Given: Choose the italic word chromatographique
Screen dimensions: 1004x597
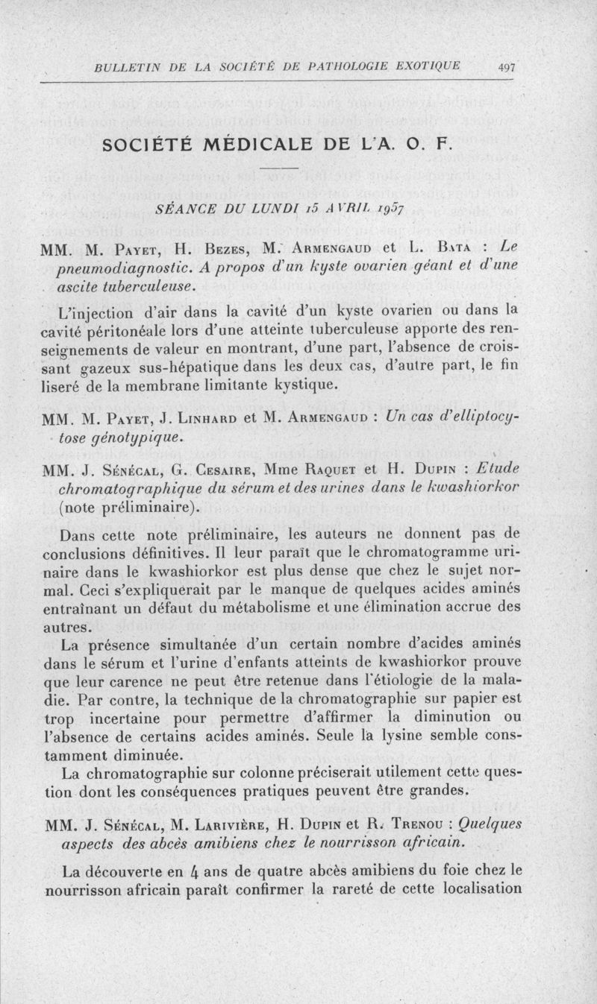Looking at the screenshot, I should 146,488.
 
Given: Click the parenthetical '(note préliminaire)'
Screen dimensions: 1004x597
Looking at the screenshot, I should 140,508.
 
